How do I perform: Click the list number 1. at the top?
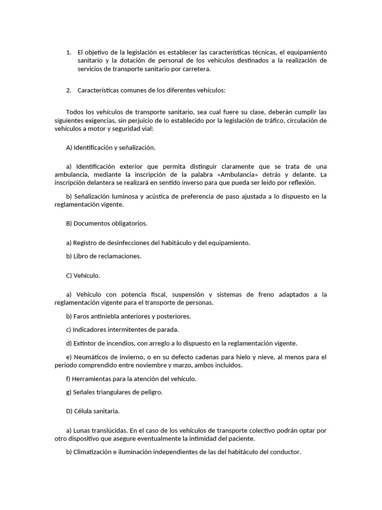69,52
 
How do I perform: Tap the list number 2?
69,90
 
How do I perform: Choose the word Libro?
81,256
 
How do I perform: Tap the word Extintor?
85,343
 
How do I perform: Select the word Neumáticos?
94,357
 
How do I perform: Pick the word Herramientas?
95,379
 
